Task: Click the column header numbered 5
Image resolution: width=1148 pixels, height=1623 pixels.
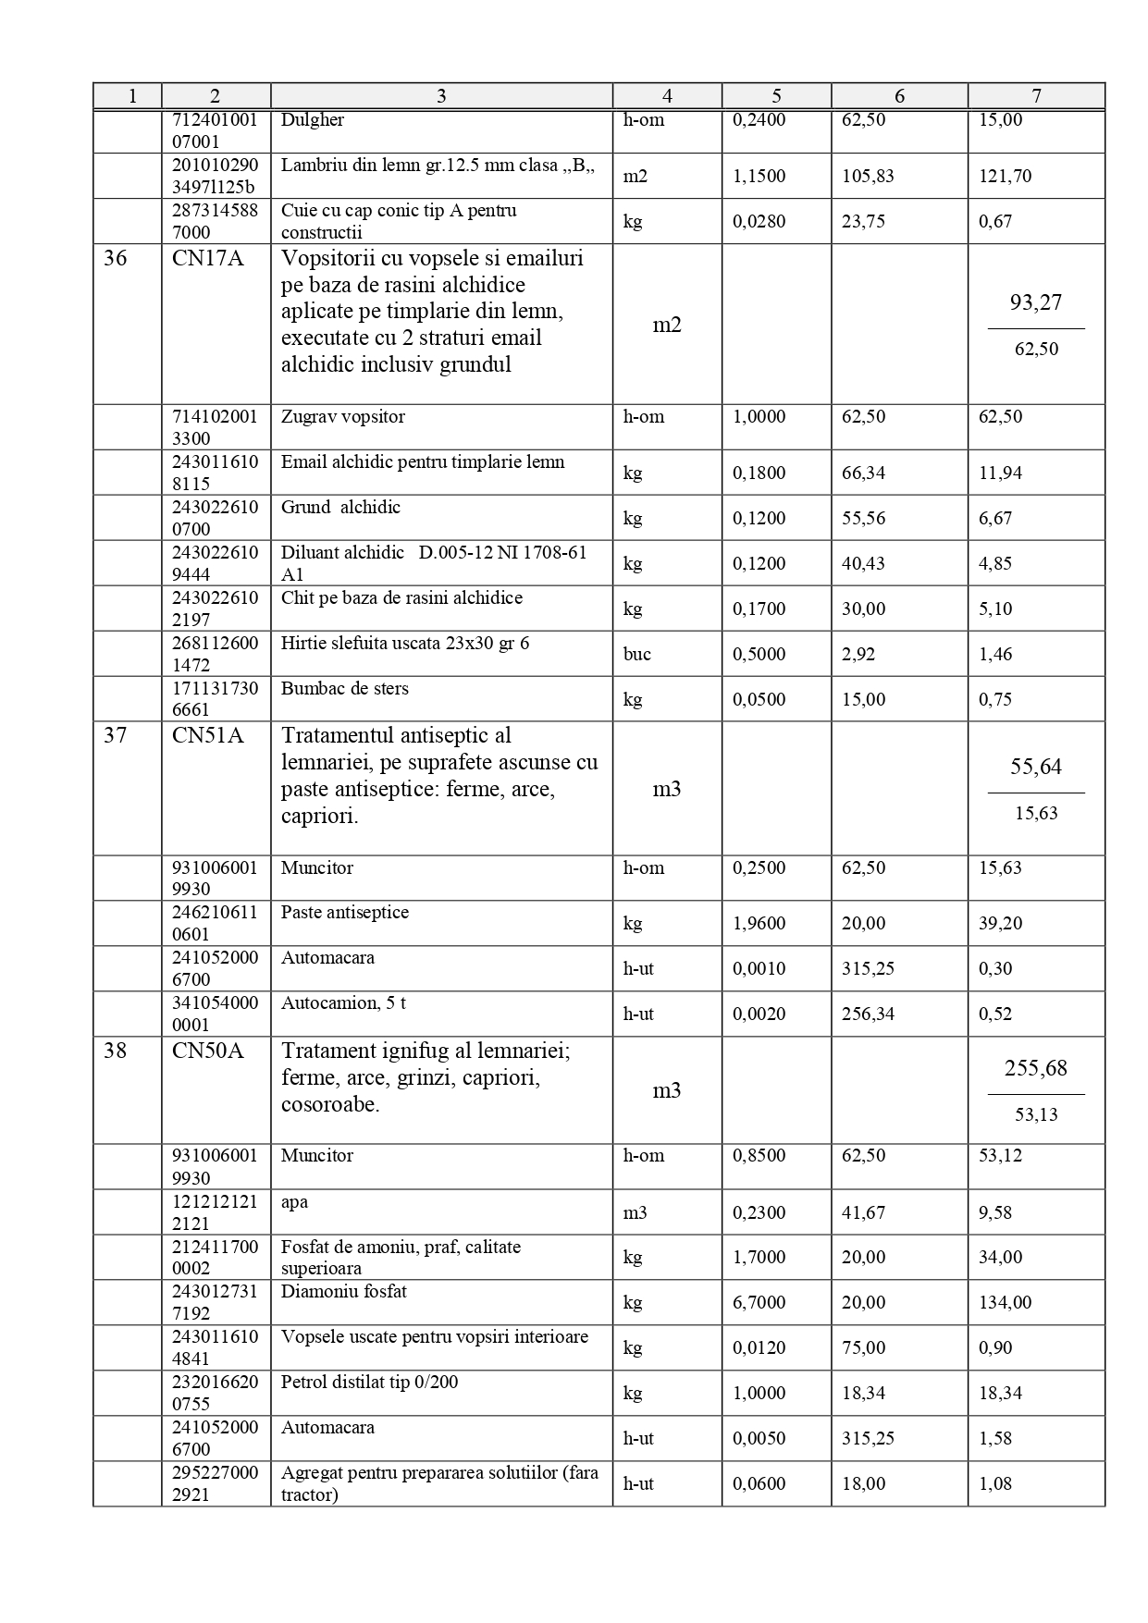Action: coord(776,96)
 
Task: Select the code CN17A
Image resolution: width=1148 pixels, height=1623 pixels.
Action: coord(208,258)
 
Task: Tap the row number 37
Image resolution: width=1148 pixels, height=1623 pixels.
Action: coord(115,736)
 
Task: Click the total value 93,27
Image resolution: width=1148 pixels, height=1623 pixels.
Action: coord(1035,302)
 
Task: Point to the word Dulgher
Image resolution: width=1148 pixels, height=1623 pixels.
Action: coord(313,120)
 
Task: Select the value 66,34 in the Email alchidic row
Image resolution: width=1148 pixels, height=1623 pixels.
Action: coord(863,473)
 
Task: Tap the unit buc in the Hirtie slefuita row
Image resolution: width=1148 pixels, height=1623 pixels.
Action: coord(636,654)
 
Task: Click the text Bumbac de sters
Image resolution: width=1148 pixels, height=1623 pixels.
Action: coord(345,689)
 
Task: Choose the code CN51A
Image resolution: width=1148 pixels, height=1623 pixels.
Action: coord(208,736)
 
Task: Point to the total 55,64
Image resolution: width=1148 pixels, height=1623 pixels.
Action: coord(1035,767)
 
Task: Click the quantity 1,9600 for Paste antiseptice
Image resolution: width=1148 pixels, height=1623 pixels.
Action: coord(759,923)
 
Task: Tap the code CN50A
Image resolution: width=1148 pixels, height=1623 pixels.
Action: coord(208,1051)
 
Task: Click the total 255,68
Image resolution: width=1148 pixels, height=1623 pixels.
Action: coord(1035,1068)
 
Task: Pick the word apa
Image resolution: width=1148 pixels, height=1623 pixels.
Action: coord(294,1202)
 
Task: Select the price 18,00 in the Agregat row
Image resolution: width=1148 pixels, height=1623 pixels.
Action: coord(863,1483)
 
